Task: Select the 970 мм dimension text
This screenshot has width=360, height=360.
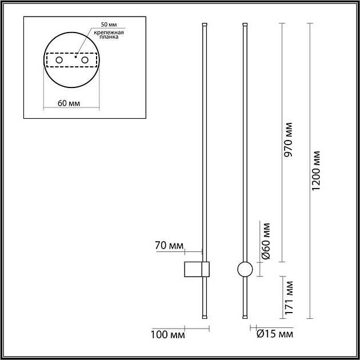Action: point(288,139)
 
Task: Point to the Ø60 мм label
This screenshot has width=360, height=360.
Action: point(266,241)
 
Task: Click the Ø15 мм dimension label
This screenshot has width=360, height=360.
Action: point(275,334)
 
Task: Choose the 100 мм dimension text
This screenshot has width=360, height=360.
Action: point(167,335)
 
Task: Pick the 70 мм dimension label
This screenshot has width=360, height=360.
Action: point(169,246)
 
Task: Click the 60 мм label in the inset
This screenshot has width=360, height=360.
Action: point(69,103)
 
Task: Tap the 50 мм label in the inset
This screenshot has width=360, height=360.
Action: point(109,25)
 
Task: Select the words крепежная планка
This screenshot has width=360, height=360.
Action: point(109,35)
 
